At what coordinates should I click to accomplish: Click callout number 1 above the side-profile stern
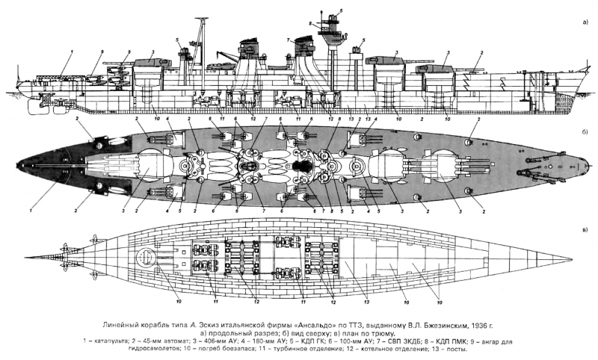point(73,49)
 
